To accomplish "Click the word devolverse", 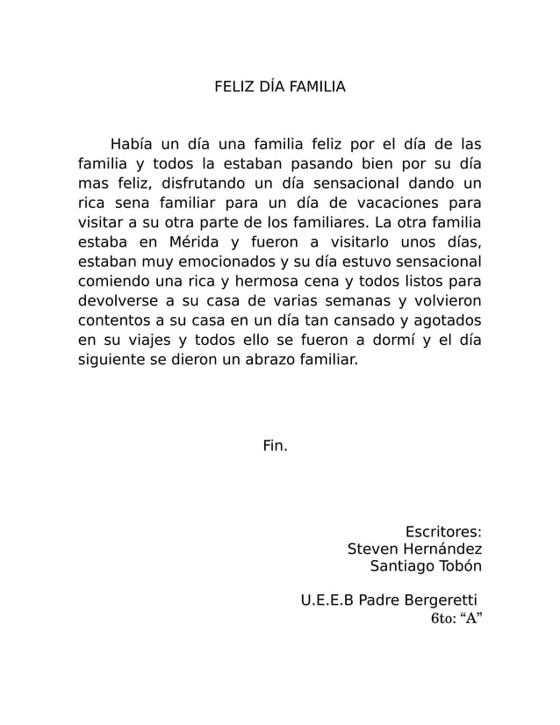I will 118,299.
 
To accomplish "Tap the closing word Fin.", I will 275,446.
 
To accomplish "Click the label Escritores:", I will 443,532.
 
